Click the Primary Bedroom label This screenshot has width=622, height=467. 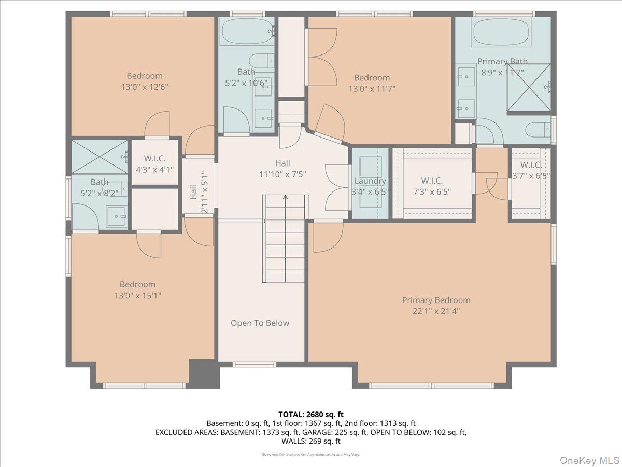click(x=436, y=300)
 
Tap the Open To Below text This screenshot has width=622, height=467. click(x=260, y=323)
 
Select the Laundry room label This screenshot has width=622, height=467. click(x=370, y=181)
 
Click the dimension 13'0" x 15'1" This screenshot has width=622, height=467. click(x=137, y=296)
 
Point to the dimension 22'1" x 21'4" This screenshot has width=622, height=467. click(x=436, y=311)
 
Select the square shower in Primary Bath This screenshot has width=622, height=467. click(x=528, y=87)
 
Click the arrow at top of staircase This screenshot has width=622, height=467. click(x=285, y=197)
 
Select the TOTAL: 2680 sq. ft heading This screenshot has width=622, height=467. click(x=310, y=414)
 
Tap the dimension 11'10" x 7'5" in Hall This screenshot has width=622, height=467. click(x=282, y=175)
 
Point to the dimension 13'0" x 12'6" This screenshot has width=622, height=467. click(x=144, y=87)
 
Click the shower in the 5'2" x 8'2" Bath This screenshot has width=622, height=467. click(x=99, y=156)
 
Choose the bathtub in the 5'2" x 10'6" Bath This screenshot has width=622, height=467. click(x=246, y=32)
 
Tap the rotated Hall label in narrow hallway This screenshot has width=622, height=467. click(x=193, y=193)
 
